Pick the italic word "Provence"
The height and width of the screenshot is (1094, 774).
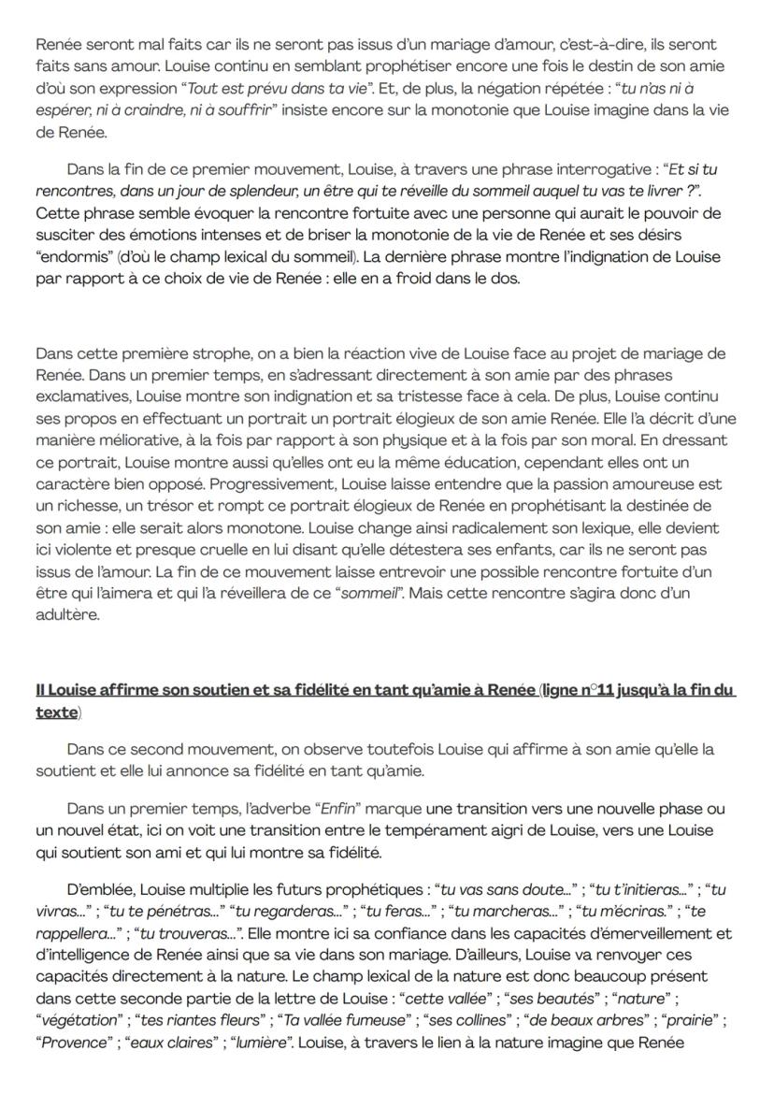pos(73,1067)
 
